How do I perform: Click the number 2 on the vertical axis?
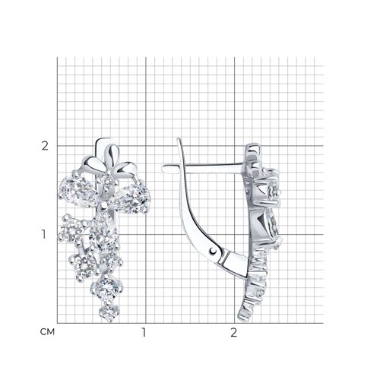pos(45,146)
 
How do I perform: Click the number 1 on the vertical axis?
pos(44,235)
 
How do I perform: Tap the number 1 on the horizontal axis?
pos(144,333)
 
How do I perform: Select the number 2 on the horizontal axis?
pos(233,333)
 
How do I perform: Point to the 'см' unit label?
pos(47,332)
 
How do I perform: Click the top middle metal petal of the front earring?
pos(112,154)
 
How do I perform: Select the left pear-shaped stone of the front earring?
pos(78,191)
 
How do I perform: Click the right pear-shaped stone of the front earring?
pos(131,197)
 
